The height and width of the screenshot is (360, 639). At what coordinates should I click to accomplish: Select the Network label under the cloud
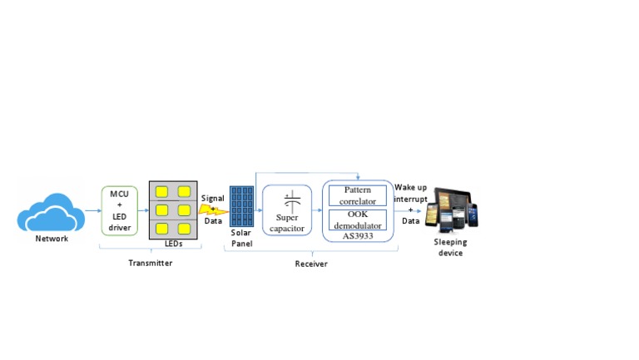pos(52,239)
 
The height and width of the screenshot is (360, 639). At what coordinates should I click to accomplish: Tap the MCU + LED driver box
pos(120,210)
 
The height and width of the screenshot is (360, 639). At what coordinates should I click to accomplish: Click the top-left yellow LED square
pos(162,192)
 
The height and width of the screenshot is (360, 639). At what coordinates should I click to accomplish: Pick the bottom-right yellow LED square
pos(184,228)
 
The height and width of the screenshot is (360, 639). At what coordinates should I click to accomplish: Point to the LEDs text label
pos(173,244)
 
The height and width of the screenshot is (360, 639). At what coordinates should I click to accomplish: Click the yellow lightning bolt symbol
pos(211,210)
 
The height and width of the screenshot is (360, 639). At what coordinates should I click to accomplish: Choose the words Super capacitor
pos(288,224)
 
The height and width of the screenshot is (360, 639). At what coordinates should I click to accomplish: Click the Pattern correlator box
pos(358,196)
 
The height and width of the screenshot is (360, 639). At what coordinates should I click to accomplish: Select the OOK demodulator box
pos(358,219)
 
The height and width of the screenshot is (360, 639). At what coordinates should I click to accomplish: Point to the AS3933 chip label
pos(358,236)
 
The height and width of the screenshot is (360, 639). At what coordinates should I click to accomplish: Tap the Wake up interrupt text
pos(411,193)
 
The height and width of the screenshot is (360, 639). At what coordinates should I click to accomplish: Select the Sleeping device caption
pos(449,248)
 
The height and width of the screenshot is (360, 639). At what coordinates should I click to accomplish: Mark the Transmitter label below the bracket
pos(151,263)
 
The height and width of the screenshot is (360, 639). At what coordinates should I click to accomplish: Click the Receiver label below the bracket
pos(311,264)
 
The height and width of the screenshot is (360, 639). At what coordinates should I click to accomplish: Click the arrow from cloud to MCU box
pos(92,211)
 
